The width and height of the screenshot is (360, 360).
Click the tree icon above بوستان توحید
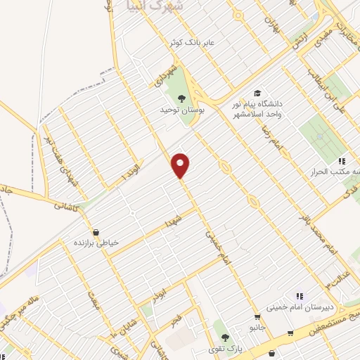(x=181, y=98)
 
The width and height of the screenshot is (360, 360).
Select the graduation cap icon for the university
(x=257, y=94)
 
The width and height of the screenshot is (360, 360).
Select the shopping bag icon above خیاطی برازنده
(x=96, y=231)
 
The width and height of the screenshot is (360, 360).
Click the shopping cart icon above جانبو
(x=259, y=318)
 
